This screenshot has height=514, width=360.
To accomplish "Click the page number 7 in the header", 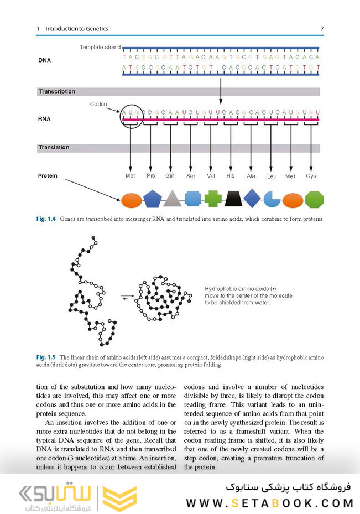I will [321, 28].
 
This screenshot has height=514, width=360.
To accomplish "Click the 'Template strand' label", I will [100, 48].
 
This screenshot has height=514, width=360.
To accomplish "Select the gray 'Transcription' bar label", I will [57, 92].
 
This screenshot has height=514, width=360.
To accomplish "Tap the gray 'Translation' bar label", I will [54, 148].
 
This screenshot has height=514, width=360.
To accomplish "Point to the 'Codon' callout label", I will [98, 104].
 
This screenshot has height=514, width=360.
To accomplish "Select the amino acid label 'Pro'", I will [150, 176].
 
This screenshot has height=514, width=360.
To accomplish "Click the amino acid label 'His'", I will [231, 176].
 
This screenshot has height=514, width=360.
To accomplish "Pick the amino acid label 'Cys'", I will [311, 176].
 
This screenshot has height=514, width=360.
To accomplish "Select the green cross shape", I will [212, 199].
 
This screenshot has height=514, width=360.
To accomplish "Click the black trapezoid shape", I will [232, 199].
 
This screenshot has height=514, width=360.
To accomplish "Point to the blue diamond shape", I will [252, 198].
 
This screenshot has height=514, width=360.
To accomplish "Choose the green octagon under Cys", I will [314, 199].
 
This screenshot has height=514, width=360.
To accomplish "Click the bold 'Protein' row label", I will [48, 176].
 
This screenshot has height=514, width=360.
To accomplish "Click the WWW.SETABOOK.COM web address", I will [269, 503].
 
